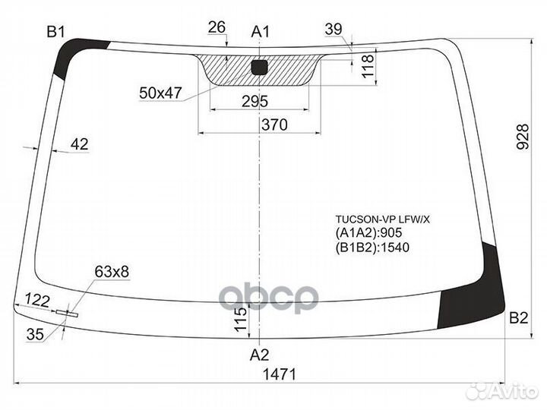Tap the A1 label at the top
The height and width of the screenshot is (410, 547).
pyautogui.click(x=261, y=31)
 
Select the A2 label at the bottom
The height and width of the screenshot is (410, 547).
pyautogui.click(x=260, y=354)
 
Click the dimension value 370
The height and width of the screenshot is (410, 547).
pyautogui.click(x=273, y=125)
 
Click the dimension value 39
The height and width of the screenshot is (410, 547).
pyautogui.click(x=333, y=30)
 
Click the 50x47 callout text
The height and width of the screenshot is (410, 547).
pyautogui.click(x=160, y=93)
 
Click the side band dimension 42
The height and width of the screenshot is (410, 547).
pyautogui.click(x=78, y=143)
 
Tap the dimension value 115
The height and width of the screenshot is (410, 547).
pyautogui.click(x=240, y=318)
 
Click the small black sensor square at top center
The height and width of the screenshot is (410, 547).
pyautogui.click(x=259, y=67)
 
